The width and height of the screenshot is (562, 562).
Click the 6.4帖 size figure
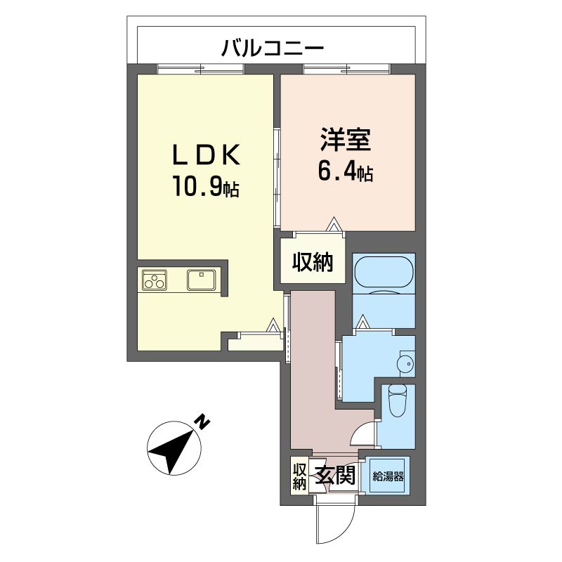coord(345,171)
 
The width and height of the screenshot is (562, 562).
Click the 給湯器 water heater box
coord(388,477)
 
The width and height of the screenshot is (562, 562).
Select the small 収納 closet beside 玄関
coord(299,476)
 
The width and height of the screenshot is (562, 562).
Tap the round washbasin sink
coord(404,363)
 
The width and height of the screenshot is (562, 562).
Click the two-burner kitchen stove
coord(155,280)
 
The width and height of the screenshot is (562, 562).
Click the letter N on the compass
coord(202,422)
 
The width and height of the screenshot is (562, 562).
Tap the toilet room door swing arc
coord(362,433)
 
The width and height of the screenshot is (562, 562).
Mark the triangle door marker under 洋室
coord(334,225)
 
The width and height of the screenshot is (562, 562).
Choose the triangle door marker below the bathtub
coord(362,322)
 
